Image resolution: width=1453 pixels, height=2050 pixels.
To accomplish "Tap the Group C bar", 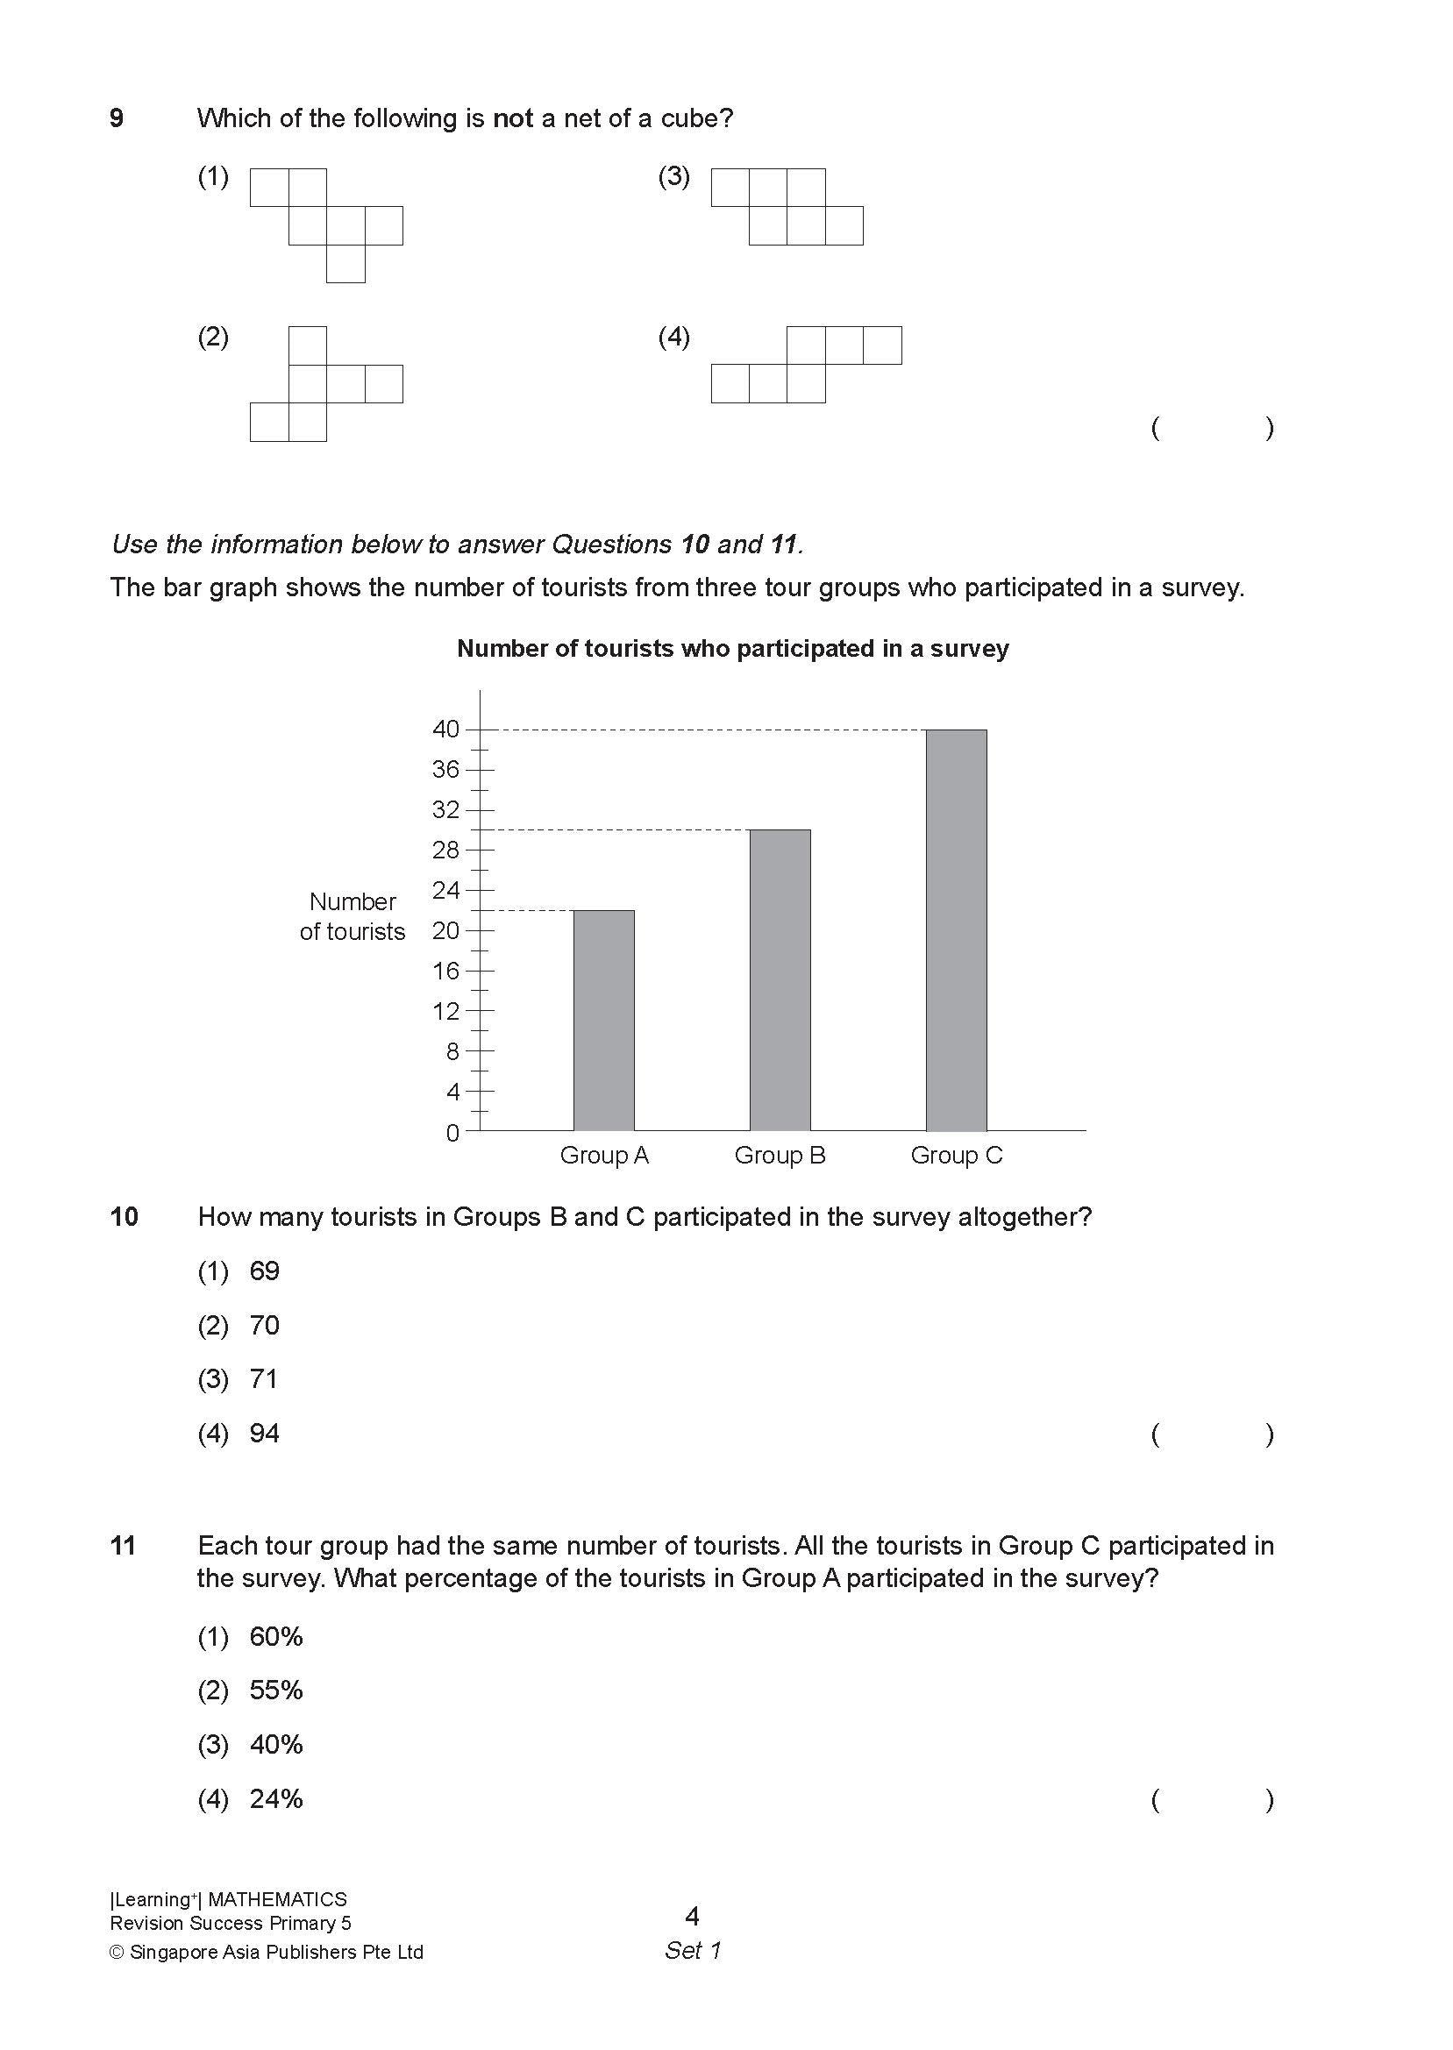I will (956, 930).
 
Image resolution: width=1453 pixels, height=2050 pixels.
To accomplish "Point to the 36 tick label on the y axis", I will (445, 769).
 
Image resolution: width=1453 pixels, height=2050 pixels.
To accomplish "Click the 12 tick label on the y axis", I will (445, 1012).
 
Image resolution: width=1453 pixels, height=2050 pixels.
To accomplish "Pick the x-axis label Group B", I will (780, 1156).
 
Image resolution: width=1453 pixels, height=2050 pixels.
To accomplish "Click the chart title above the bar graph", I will (732, 649).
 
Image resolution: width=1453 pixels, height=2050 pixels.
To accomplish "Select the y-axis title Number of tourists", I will (353, 917).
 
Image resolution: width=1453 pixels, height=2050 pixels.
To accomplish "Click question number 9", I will (117, 118).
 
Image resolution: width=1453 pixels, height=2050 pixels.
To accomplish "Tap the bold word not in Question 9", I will (513, 118).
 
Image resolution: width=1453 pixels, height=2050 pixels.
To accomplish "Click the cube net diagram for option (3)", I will (787, 207).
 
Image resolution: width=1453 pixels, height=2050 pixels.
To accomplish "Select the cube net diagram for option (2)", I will (325, 384).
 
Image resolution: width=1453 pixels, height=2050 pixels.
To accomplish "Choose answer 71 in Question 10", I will (264, 1379).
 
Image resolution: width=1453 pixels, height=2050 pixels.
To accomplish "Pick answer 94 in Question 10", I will (264, 1434).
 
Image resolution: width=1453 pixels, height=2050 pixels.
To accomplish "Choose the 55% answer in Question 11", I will (275, 1691).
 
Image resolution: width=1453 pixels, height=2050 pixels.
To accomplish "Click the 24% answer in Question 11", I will (275, 1798).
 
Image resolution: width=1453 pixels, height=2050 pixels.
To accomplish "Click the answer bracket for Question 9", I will (1213, 428).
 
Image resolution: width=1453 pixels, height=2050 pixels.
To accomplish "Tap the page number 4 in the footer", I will (692, 1917).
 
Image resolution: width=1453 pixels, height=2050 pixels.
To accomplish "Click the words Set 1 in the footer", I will (692, 1951).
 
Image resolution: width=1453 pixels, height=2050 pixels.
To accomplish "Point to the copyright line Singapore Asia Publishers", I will (267, 1953).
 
